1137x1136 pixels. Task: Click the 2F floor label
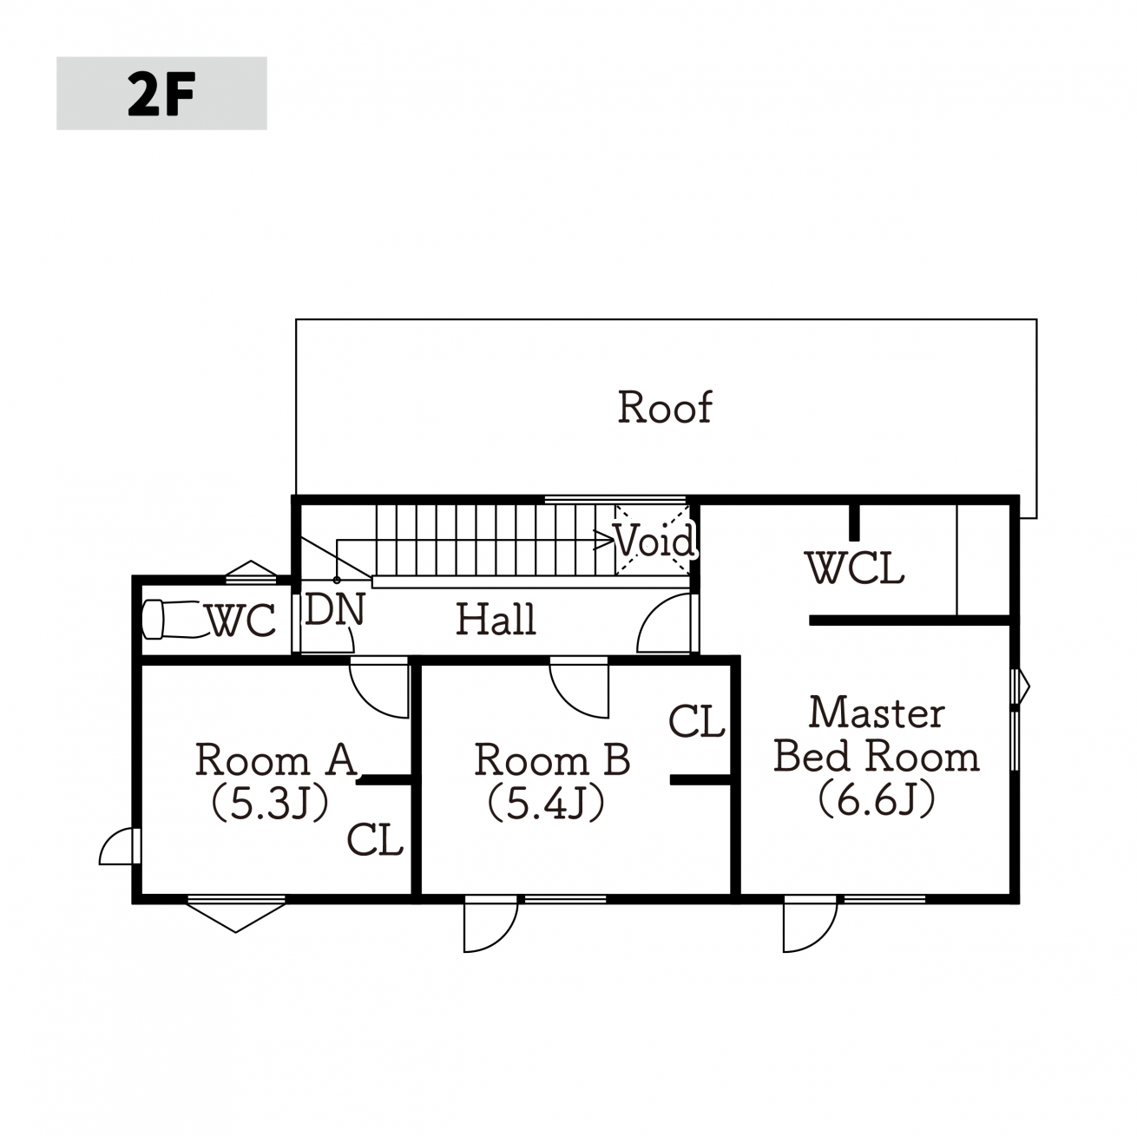[161, 94]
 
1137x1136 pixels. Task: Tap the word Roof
[665, 407]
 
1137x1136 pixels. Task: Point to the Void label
[654, 540]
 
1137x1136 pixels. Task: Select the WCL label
[855, 568]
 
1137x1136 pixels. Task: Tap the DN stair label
[334, 609]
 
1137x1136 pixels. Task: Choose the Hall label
[496, 619]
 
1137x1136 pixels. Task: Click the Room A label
[276, 759]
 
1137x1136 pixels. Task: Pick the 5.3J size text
[270, 804]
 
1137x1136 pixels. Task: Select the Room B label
[552, 759]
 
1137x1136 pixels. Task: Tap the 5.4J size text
[546, 804]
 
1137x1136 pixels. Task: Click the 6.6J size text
[877, 799]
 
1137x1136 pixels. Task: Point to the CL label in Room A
[375, 839]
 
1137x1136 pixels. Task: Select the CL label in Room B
[697, 720]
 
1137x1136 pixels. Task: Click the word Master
[877, 712]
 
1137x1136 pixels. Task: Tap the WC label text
[241, 621]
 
